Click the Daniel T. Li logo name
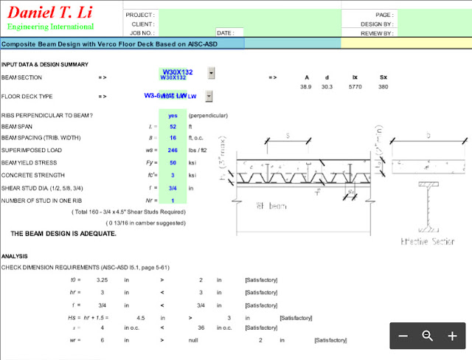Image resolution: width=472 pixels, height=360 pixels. point(50,13)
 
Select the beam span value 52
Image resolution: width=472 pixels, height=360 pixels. point(173,127)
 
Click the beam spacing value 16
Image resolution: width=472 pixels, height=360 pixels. point(173,138)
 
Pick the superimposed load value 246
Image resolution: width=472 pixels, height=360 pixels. point(173,150)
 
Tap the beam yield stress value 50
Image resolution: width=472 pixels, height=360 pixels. point(173,163)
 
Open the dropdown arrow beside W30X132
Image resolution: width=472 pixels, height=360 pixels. point(211,73)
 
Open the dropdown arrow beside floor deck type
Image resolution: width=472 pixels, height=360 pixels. point(209,96)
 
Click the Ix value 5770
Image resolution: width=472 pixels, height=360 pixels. point(356,87)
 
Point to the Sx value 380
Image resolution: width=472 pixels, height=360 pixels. point(383,87)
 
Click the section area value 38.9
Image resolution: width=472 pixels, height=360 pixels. point(305,87)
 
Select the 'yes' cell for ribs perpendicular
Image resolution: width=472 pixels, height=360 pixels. point(173,116)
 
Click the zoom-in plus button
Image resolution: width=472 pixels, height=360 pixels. point(452,336)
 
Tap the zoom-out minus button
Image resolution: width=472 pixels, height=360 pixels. point(403,336)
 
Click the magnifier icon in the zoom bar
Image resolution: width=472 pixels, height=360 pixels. point(427,336)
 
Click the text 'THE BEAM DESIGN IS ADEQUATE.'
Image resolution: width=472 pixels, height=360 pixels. point(63,233)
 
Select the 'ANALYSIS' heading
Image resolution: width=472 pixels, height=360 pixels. point(15,257)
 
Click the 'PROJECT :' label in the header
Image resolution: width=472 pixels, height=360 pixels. point(140,15)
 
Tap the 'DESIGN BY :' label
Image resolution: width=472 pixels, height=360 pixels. point(377,24)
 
